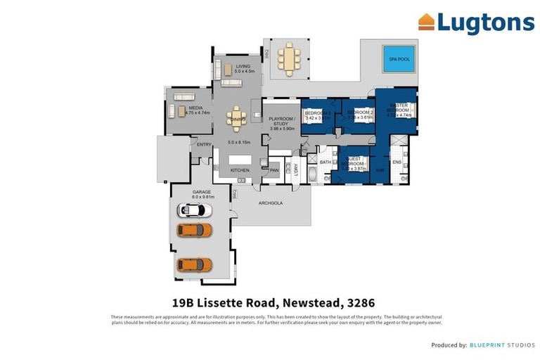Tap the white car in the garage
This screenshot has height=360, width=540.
tap(193, 210)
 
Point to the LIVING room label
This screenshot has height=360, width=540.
tap(243, 67)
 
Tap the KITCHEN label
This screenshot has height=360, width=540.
tap(240, 171)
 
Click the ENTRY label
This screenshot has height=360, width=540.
tap(204, 145)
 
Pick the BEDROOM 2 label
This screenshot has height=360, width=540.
tap(359, 112)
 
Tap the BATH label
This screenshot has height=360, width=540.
tap(325, 162)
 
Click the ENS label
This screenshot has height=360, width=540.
tap(397, 162)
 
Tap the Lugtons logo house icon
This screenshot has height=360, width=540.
tap(426, 22)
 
